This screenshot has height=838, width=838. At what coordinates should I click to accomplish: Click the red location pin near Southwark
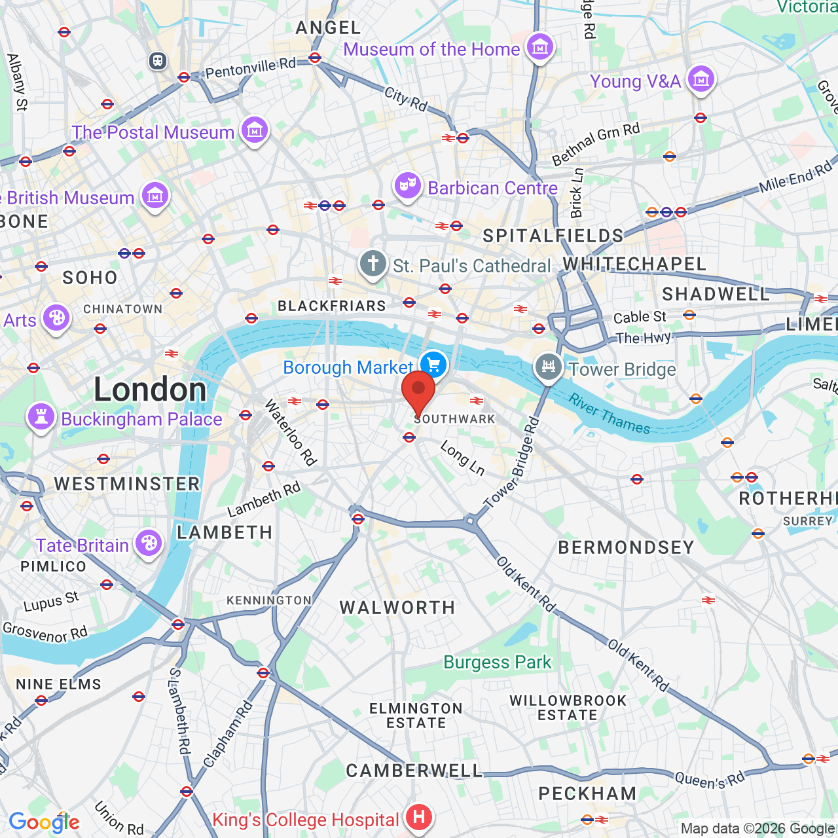(x=418, y=392)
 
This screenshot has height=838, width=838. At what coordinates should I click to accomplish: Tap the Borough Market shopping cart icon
(x=433, y=364)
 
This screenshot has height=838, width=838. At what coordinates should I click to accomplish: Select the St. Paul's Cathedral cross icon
(x=373, y=264)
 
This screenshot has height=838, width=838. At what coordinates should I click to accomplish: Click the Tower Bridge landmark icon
(x=549, y=366)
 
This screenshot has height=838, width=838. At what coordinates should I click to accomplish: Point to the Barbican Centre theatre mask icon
(x=407, y=187)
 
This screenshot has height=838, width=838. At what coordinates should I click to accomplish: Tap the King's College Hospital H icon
(x=418, y=816)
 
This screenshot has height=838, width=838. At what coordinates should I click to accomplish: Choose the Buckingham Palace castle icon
(x=41, y=416)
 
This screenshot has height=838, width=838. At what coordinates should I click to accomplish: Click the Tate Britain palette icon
(x=149, y=543)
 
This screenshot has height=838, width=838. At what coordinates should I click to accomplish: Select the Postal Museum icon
(x=254, y=130)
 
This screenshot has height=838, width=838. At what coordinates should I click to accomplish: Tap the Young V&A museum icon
(x=701, y=79)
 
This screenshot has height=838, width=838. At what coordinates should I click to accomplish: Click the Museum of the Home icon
(x=539, y=47)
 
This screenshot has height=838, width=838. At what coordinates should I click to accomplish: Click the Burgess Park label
(x=498, y=662)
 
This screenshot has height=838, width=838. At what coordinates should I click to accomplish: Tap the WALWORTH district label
(x=397, y=608)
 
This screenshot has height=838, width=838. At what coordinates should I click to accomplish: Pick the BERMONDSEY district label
(x=626, y=547)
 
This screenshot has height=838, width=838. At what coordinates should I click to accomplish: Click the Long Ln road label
(x=462, y=458)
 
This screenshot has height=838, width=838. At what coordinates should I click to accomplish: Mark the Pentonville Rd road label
(x=251, y=67)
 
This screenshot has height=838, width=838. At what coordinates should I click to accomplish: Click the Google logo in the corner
(x=44, y=822)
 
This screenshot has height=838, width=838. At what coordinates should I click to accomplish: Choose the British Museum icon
(x=155, y=195)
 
